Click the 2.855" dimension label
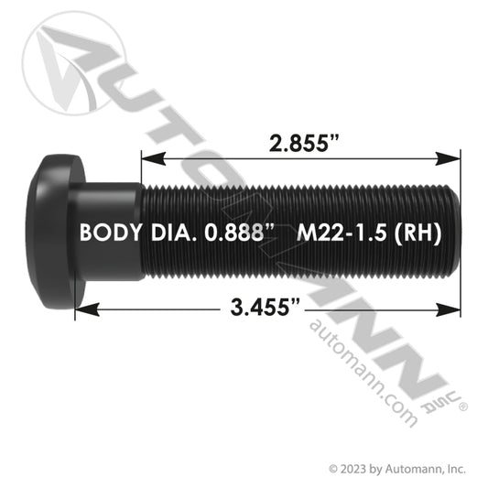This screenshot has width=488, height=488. click(x=303, y=144)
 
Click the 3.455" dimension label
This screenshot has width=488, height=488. click(x=266, y=307)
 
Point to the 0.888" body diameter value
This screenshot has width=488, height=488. click(x=239, y=233)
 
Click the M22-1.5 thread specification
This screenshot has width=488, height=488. click(x=342, y=233)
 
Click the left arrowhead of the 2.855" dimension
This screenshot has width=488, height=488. click(x=153, y=158)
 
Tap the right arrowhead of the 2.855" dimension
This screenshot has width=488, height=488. click(x=448, y=158)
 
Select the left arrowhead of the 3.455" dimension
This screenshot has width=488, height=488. click(x=87, y=310)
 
